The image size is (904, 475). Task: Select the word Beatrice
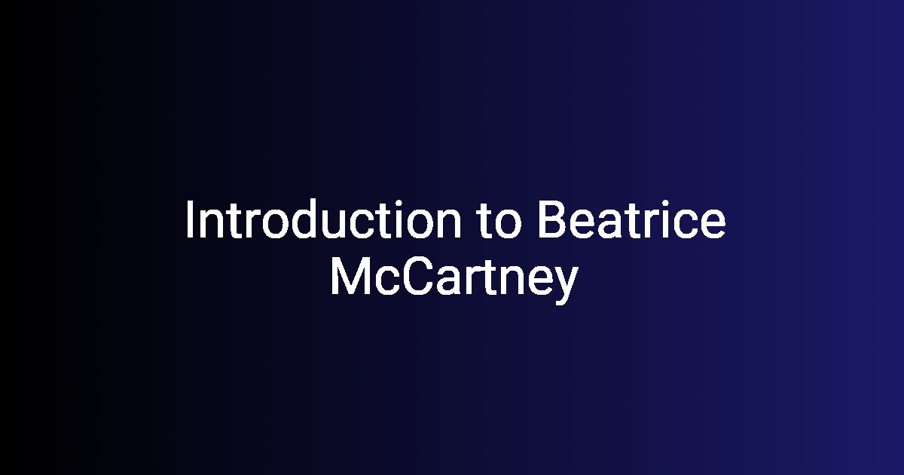click(x=631, y=219)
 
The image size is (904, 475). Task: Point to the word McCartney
click(x=454, y=280)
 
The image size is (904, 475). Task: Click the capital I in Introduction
click(x=188, y=219)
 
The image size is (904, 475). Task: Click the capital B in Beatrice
click(x=551, y=219)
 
